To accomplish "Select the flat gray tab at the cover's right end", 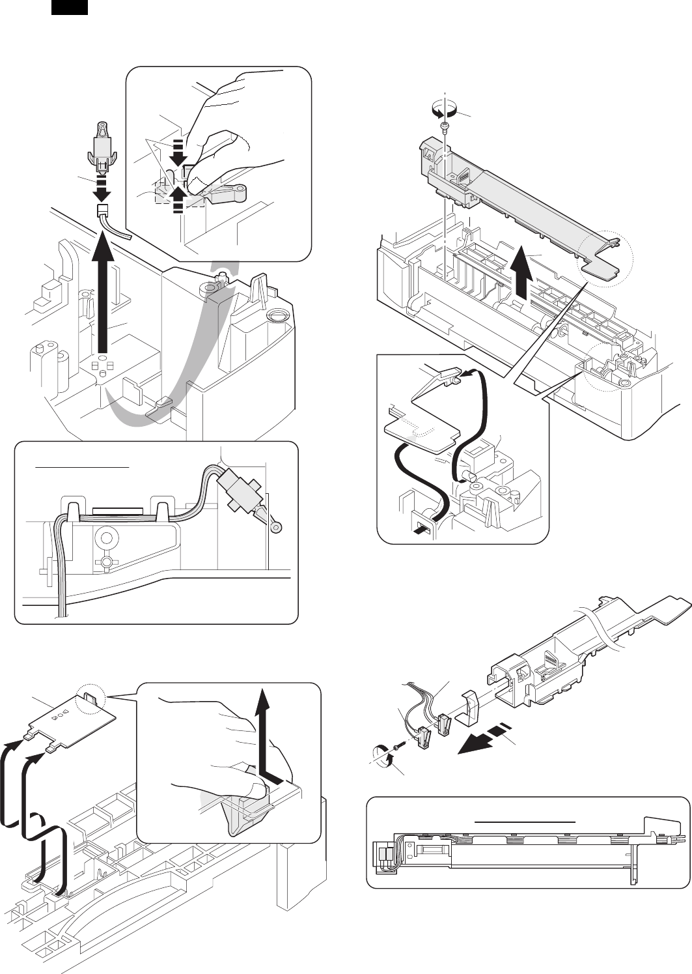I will click(602, 267).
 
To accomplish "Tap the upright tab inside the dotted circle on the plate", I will click(89, 700).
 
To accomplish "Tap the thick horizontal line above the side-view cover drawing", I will click(527, 822).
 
